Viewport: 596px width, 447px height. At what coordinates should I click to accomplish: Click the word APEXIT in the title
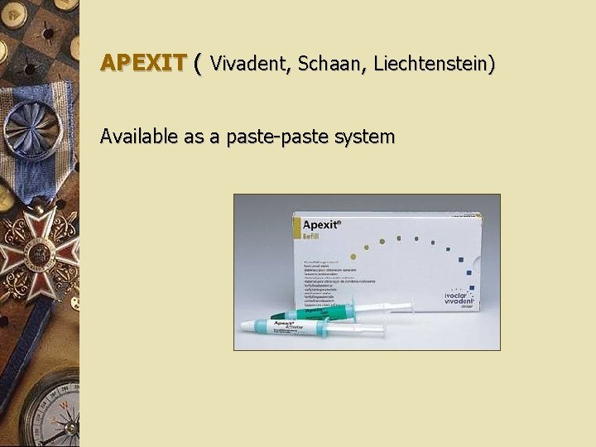point(142,62)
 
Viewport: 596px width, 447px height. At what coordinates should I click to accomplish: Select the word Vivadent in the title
point(248,62)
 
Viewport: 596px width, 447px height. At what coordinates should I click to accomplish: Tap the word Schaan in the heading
point(329,62)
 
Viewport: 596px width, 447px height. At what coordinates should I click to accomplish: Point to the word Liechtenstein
point(435,62)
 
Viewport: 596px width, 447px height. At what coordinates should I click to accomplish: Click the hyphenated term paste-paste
point(270,137)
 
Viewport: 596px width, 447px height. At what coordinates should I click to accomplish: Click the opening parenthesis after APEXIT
point(197,62)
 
